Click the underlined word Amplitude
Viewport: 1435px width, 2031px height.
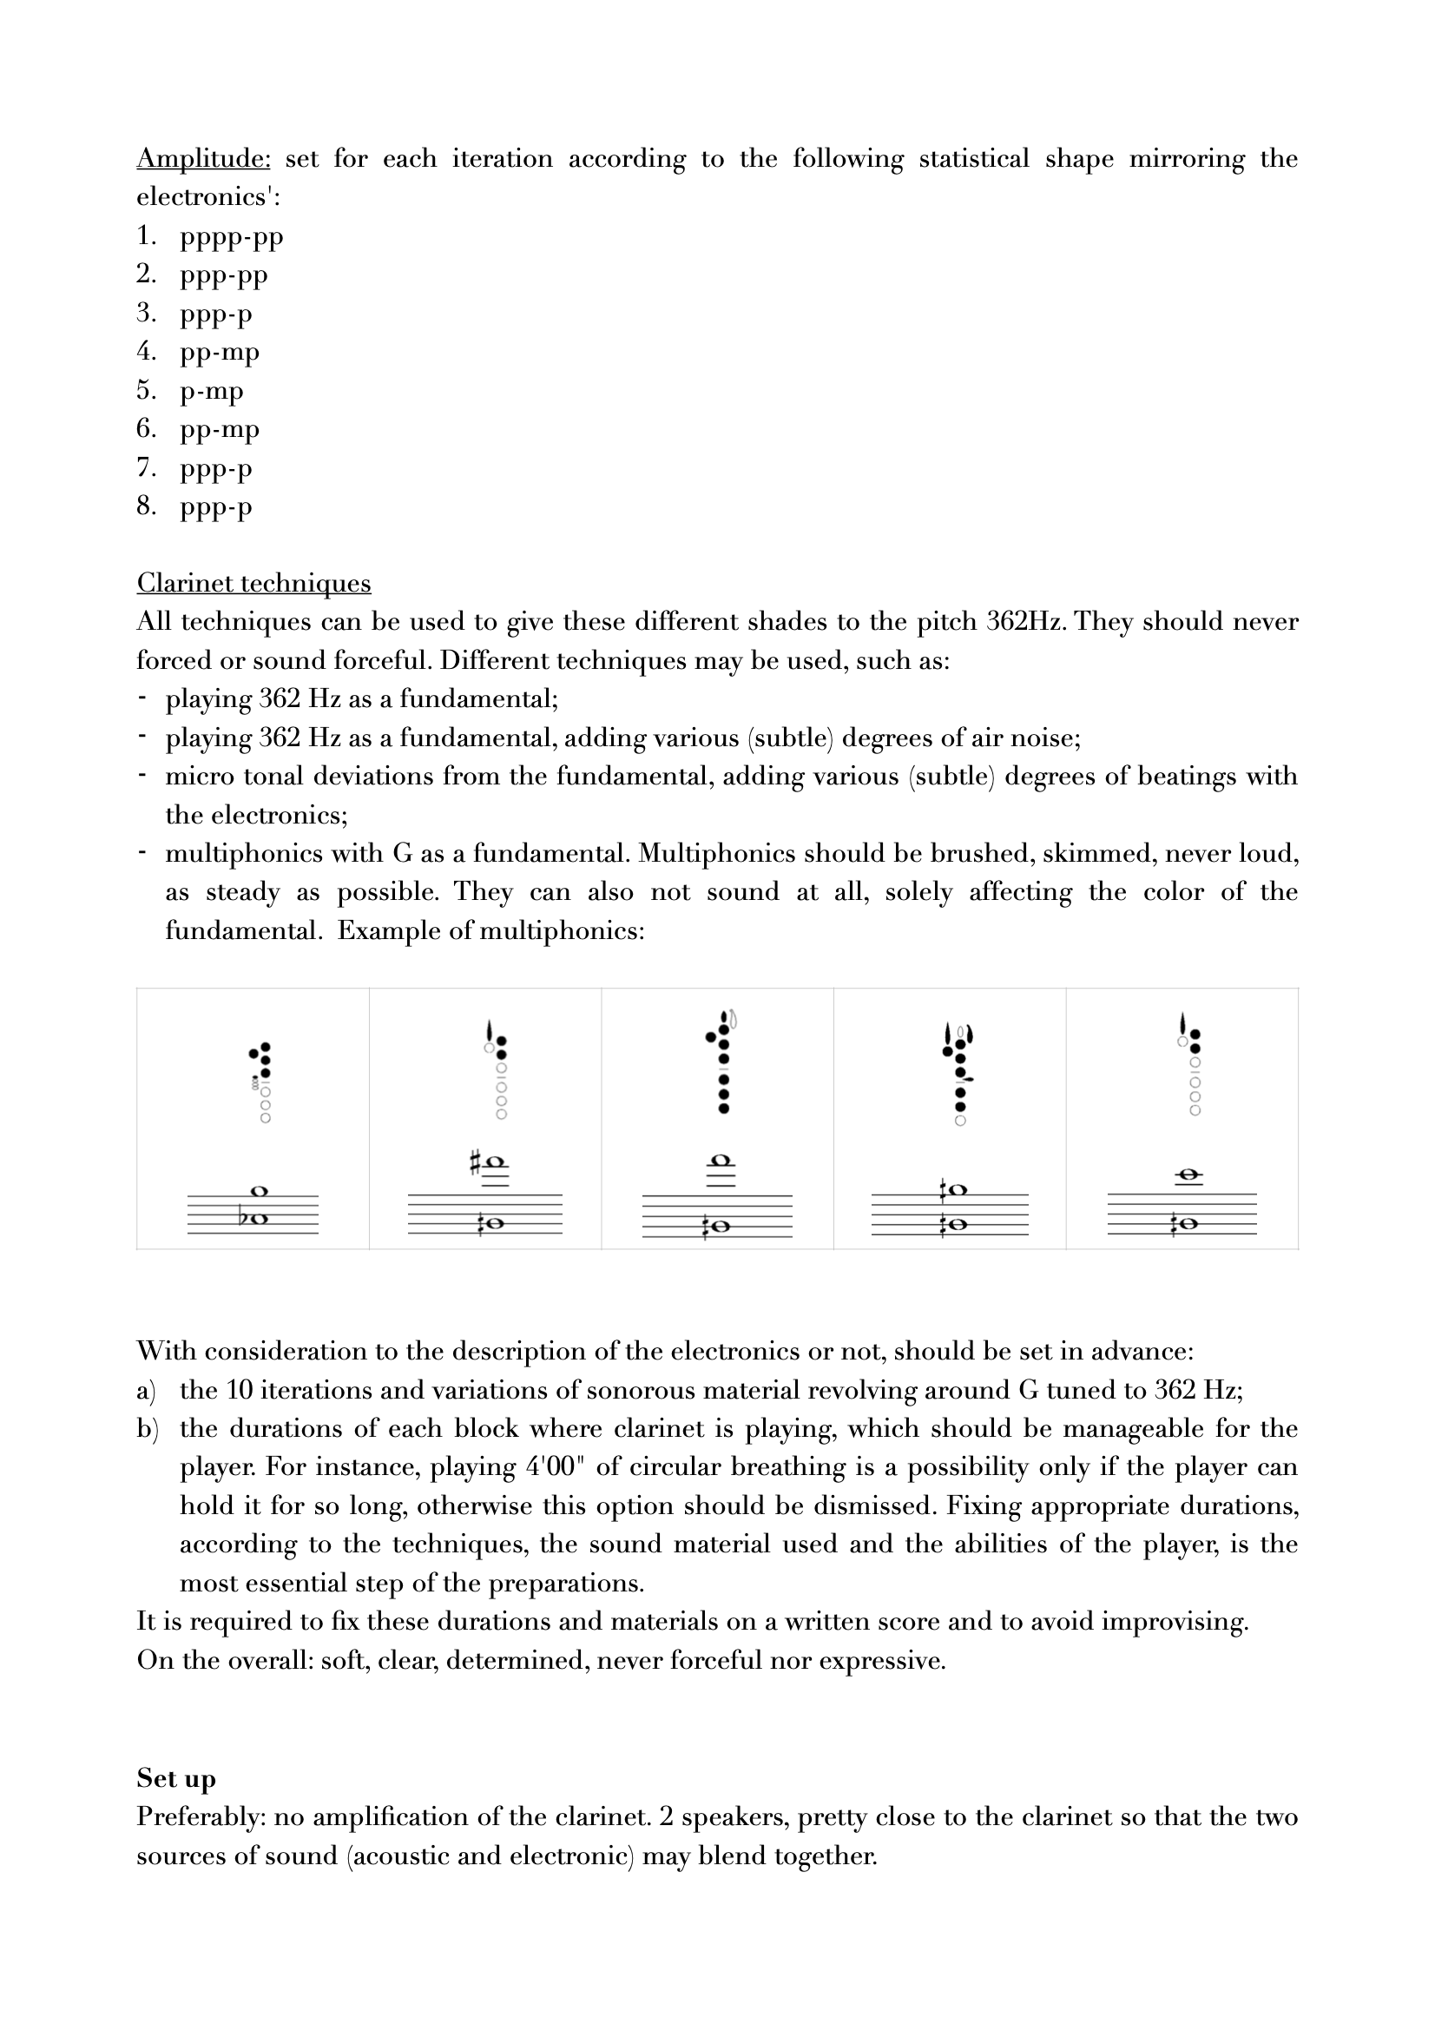tap(203, 158)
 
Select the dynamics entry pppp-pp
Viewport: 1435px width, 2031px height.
tap(231, 237)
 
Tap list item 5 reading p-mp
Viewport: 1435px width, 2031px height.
tap(211, 391)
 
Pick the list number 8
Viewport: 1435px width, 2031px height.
tap(146, 506)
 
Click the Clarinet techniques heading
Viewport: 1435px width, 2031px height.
tap(253, 583)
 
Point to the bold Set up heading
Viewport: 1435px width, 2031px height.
tap(176, 1778)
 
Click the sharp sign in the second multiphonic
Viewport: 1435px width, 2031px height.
tap(476, 1162)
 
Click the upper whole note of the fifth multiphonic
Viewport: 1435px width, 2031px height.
tap(1189, 1175)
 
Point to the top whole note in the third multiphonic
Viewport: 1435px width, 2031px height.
tap(721, 1161)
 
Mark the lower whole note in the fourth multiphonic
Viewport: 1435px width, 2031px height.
tap(955, 1224)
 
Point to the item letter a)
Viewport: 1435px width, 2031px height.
tap(146, 1390)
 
